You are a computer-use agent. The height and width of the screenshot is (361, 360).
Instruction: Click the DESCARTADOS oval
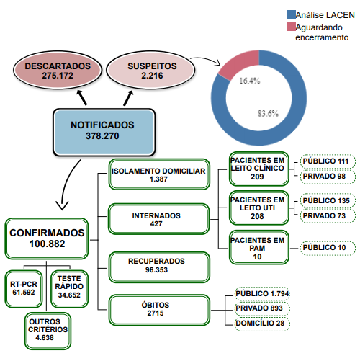point(58,70)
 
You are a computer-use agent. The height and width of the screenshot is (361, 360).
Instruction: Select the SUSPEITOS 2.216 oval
point(150,70)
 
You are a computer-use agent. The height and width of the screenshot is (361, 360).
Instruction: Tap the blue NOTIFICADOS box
point(104,133)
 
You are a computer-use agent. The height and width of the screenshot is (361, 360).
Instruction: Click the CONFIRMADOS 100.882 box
point(47,239)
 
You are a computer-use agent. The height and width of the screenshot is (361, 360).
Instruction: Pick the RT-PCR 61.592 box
point(24,289)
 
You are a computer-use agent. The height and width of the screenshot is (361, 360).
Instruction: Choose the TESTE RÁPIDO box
point(70,289)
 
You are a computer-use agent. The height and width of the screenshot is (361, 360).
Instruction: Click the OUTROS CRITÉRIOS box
point(48,331)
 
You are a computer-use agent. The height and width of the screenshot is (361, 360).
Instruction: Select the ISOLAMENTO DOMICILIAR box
point(159,174)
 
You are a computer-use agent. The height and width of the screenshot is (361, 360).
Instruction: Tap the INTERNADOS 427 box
point(158,219)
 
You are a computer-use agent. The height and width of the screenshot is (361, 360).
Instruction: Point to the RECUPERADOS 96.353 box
point(159,267)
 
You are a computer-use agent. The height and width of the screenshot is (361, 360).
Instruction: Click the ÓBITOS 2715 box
point(159,310)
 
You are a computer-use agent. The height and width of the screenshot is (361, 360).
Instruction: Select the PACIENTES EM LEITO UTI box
point(259,208)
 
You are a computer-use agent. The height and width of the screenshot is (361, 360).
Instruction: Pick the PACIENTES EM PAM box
point(259,247)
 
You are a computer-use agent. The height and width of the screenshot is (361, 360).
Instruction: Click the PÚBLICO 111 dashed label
point(328,161)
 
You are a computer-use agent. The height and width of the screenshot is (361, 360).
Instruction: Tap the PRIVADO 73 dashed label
point(328,215)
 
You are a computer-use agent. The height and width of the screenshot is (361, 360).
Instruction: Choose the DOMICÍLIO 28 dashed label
point(262,324)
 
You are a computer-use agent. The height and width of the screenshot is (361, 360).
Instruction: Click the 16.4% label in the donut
point(250,81)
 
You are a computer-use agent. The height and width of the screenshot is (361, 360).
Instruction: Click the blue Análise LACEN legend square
point(292,14)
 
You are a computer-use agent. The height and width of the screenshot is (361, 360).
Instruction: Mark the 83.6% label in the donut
point(268,113)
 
